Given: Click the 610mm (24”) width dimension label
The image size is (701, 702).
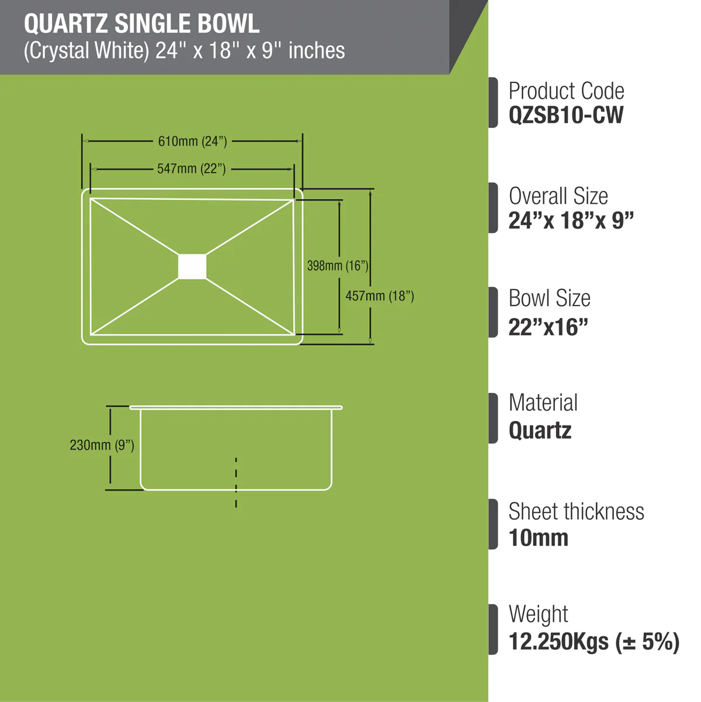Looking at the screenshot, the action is pyautogui.click(x=192, y=141).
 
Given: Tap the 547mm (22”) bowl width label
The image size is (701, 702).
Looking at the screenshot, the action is pyautogui.click(x=192, y=169).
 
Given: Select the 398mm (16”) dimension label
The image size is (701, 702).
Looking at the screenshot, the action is pyautogui.click(x=338, y=266).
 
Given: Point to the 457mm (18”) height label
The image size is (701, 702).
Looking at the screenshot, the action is pyautogui.click(x=380, y=296).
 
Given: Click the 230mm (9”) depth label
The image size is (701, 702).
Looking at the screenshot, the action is pyautogui.click(x=102, y=445).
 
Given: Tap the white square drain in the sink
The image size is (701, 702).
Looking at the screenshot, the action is pyautogui.click(x=192, y=266).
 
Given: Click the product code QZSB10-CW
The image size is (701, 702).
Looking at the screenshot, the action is pyautogui.click(x=565, y=115).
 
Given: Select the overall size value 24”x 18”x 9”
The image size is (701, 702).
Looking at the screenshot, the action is pyautogui.click(x=571, y=220).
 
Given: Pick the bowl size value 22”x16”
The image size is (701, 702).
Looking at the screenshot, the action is pyautogui.click(x=548, y=327).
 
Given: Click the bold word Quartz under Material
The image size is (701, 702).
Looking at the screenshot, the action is pyautogui.click(x=540, y=430).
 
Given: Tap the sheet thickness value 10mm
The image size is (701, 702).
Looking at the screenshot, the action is pyautogui.click(x=539, y=538).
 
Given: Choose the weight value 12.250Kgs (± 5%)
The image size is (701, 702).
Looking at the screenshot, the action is pyautogui.click(x=594, y=642).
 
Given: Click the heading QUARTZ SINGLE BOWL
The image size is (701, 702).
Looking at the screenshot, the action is pyautogui.click(x=142, y=24).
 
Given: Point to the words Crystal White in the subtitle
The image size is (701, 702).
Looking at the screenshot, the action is pyautogui.click(x=86, y=50).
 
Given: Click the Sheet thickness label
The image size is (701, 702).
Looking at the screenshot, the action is pyautogui.click(x=577, y=512).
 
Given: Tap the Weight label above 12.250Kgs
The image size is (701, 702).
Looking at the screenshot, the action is pyautogui.click(x=539, y=614).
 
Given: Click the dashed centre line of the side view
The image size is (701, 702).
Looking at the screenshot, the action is pyautogui.click(x=236, y=482).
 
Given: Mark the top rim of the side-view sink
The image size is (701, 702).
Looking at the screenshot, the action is pyautogui.click(x=236, y=408).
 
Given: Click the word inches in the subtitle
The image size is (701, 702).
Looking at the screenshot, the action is pyautogui.click(x=317, y=50).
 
